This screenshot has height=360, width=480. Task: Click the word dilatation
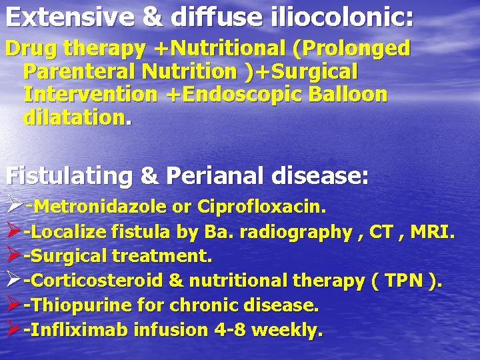pyautogui.click(x=73, y=118)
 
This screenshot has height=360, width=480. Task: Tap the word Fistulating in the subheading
pyautogui.click(x=69, y=176)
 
